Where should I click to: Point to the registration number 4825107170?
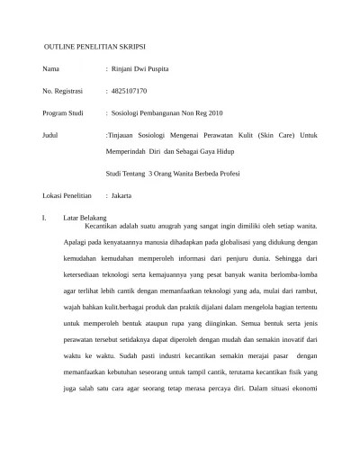130,91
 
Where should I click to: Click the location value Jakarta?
121,194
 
